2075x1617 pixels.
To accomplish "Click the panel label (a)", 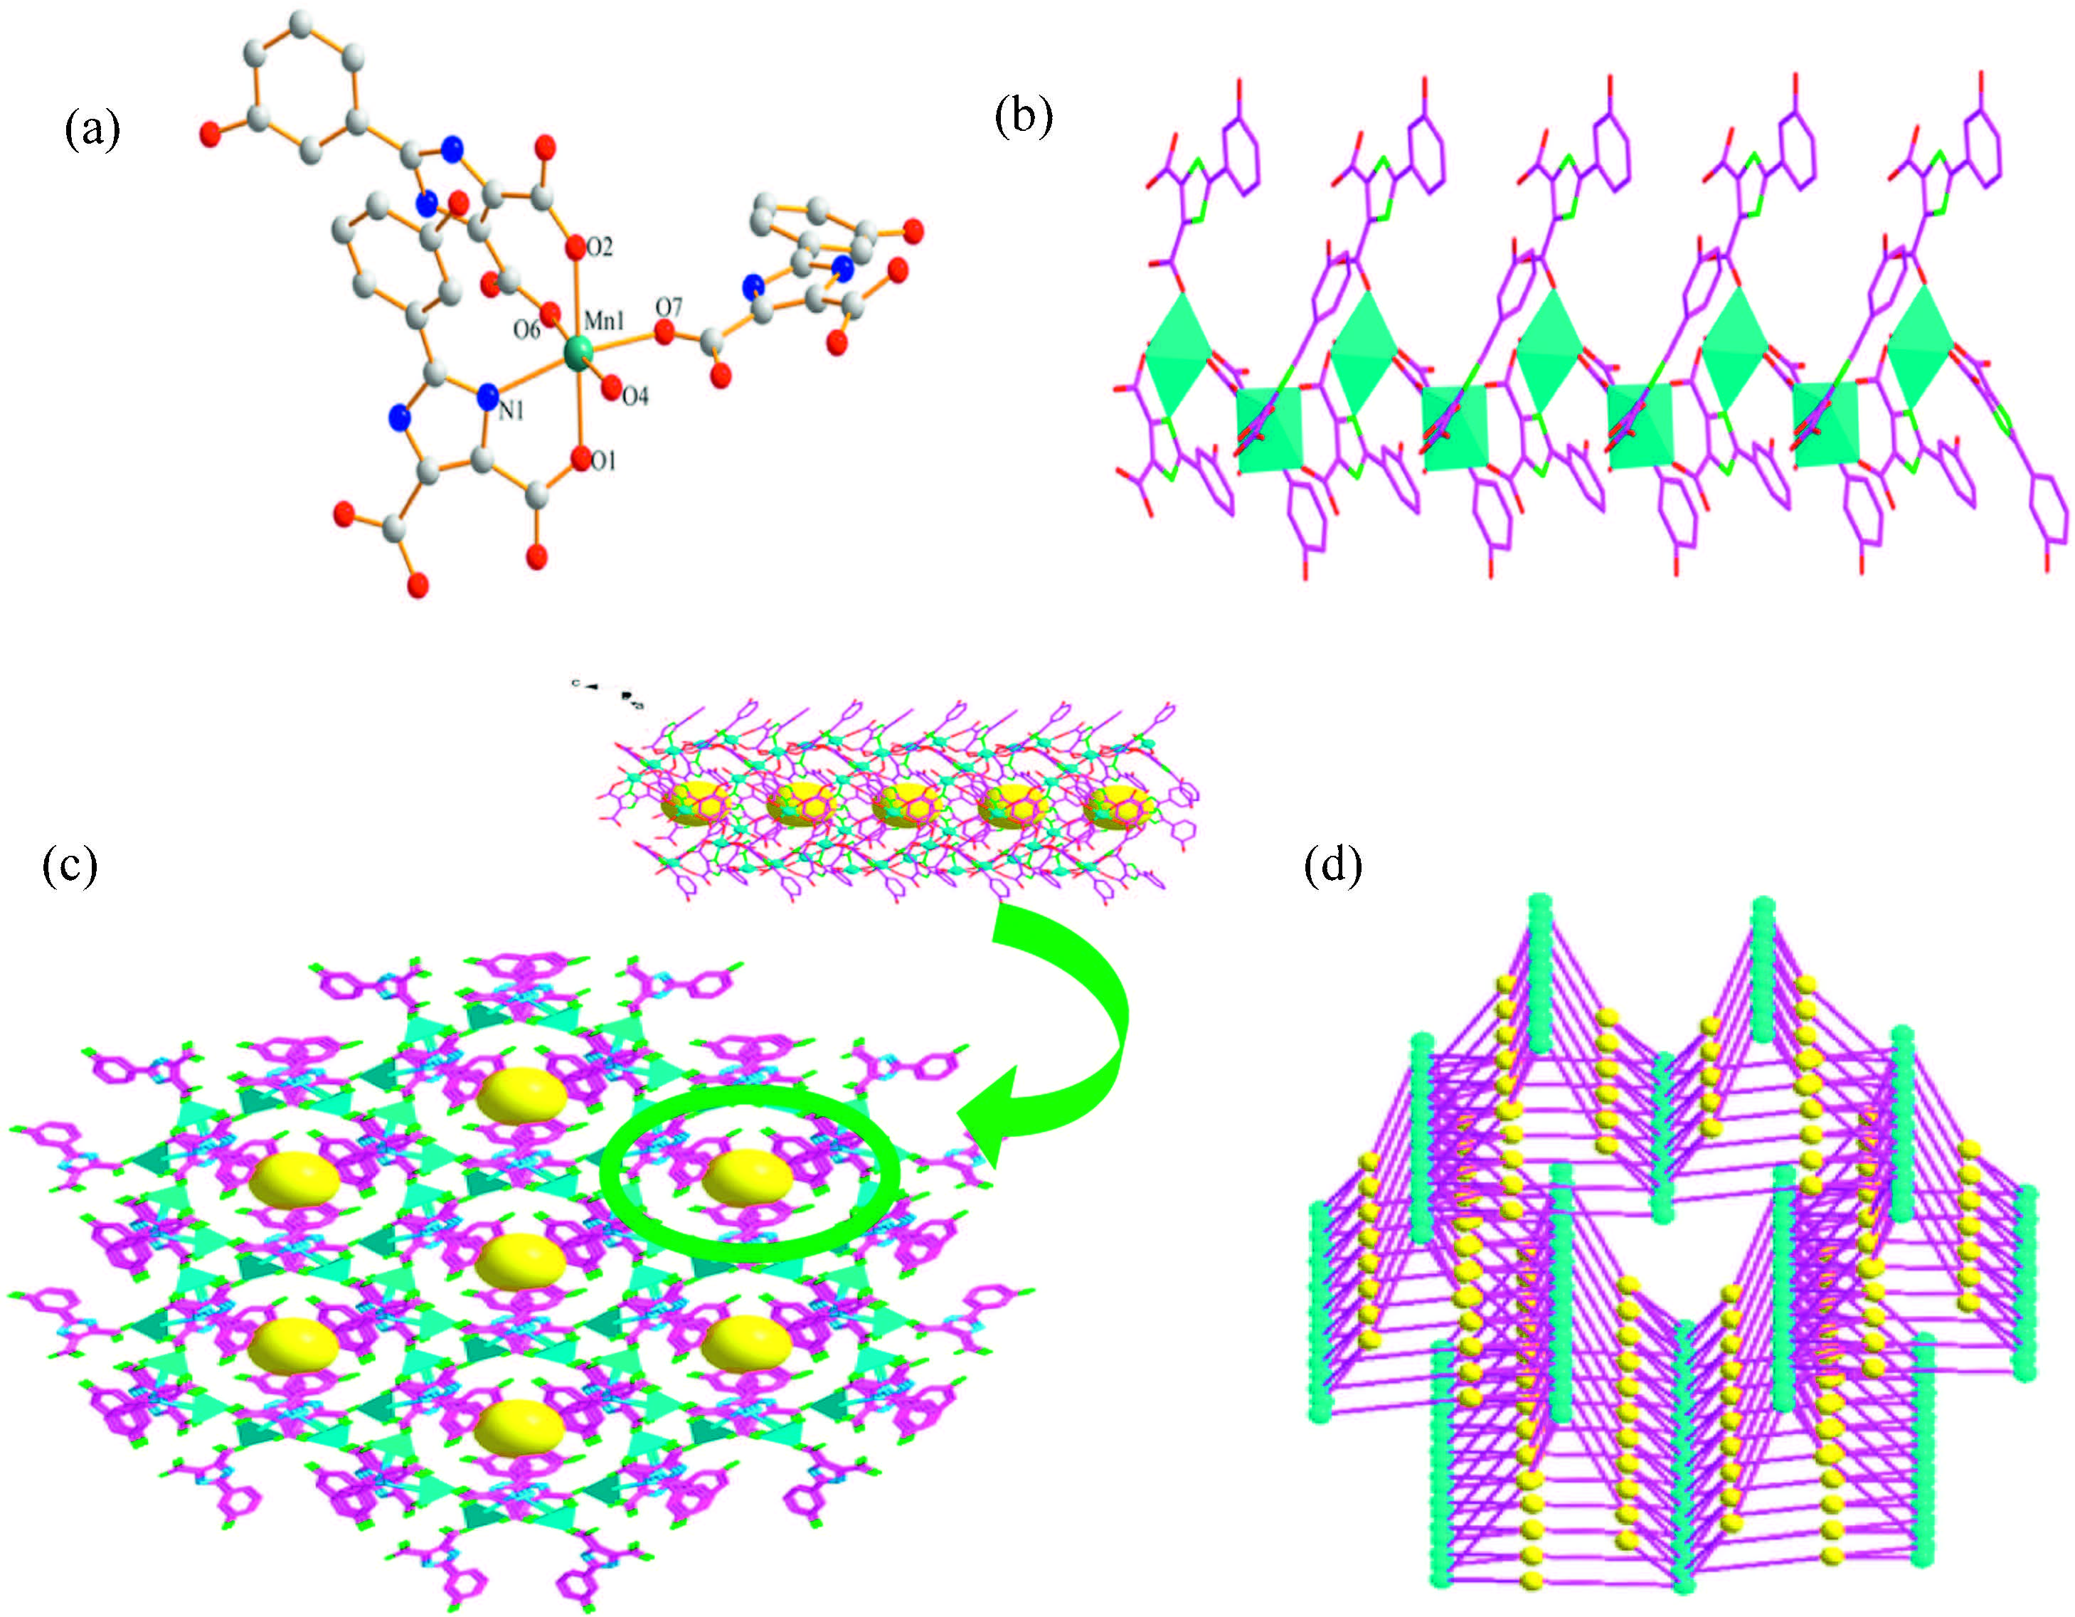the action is [x=92, y=129].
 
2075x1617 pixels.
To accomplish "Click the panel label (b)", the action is [x=1023, y=118].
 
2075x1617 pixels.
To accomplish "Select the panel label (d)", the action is [x=1333, y=864].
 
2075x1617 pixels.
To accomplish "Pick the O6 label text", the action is [x=526, y=329].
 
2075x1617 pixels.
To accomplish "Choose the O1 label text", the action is [x=603, y=462].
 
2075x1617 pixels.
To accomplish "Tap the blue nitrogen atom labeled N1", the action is [x=489, y=394].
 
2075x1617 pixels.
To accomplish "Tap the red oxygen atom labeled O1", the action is [x=581, y=461].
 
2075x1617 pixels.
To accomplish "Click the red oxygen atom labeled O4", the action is [x=611, y=388].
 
